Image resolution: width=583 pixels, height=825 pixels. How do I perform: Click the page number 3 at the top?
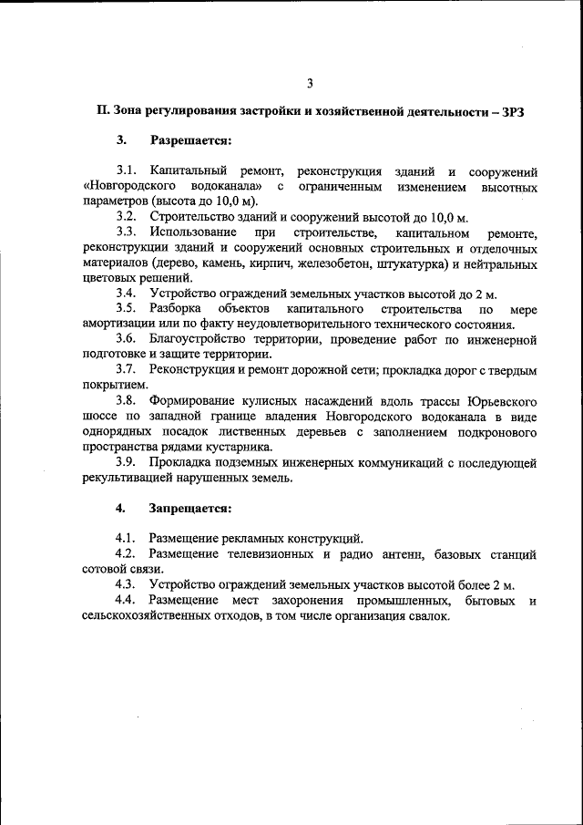click(x=310, y=84)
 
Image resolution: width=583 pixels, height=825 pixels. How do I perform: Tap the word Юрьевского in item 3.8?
click(x=501, y=401)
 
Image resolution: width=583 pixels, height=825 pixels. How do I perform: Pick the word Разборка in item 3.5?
click(x=176, y=309)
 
